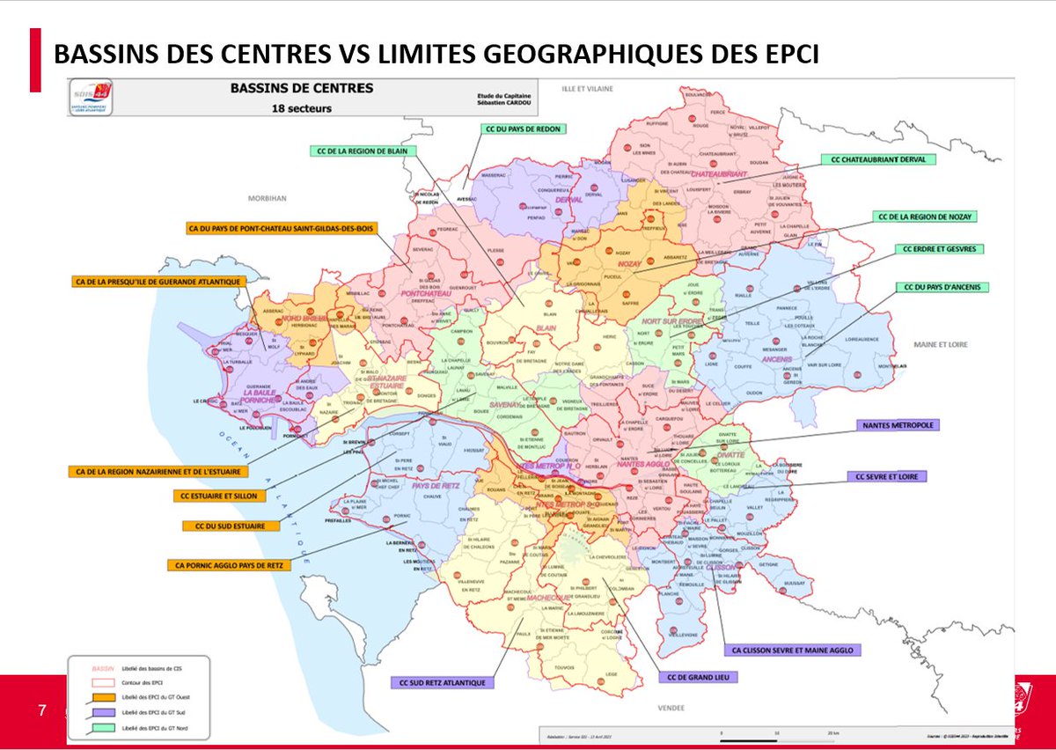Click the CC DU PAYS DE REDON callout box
tap(523, 129)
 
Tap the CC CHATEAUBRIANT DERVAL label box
tap(878, 159)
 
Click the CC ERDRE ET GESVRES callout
tap(939, 249)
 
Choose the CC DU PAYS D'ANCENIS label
tap(942, 287)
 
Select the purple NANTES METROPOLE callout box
tap(898, 424)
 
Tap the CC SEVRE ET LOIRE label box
tap(887, 476)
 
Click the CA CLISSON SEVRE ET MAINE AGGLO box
tap(791, 651)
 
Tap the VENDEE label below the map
tap(672, 707)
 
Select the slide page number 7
tap(40, 710)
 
